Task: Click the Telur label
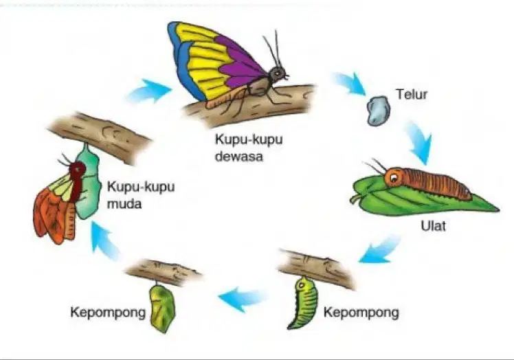(x=412, y=94)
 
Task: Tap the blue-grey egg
(x=379, y=111)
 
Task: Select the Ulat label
(x=433, y=226)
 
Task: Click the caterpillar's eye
(x=393, y=177)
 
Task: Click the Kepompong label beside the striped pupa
(x=361, y=313)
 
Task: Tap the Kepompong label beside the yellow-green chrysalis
(x=108, y=313)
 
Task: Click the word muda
(x=124, y=204)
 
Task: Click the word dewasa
(x=239, y=157)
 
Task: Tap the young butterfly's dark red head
(x=78, y=170)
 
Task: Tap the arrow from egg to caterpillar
(x=420, y=142)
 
